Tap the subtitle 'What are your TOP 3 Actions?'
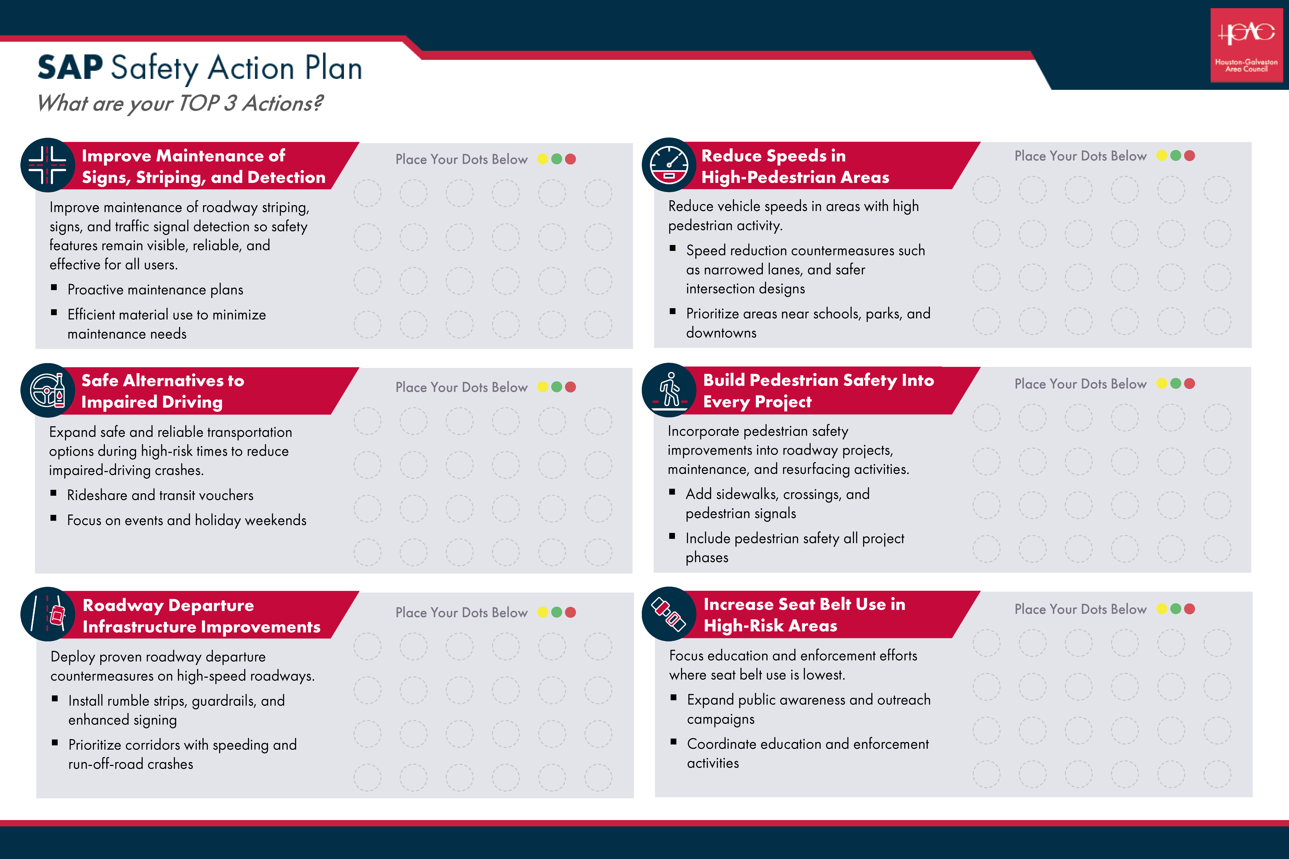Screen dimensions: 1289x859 [x=180, y=103]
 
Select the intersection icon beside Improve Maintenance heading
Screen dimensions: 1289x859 [x=48, y=165]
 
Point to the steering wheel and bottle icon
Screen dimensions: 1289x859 [x=48, y=390]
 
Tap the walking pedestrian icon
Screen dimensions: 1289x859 [x=669, y=390]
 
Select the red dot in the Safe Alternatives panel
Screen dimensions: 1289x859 [x=571, y=387]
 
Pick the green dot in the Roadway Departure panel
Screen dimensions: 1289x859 [x=556, y=612]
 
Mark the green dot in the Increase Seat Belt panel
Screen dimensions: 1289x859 [x=1175, y=609]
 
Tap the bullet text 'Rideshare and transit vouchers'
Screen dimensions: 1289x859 [x=160, y=495]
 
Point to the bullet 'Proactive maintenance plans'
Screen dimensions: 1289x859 [x=155, y=290]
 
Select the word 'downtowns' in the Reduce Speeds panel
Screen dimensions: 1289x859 [x=721, y=333]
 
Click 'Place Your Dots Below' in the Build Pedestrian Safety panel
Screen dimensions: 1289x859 [x=1080, y=384]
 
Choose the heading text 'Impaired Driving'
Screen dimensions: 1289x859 [x=152, y=402]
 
